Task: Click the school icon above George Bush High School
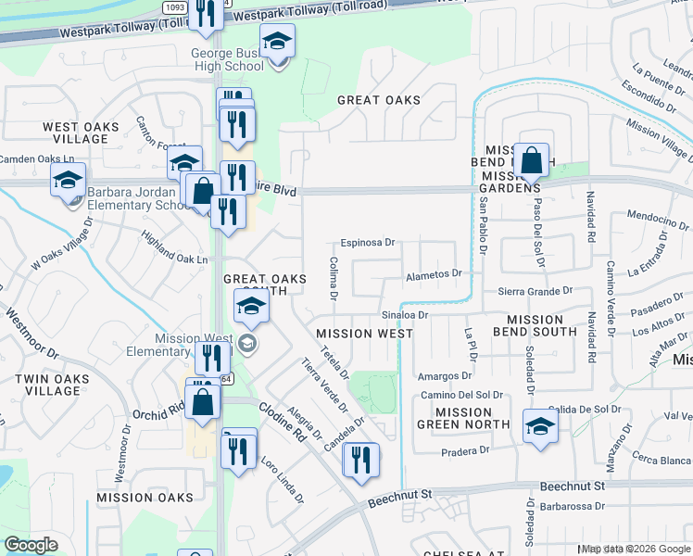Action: tap(276, 42)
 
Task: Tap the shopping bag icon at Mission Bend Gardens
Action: tap(532, 161)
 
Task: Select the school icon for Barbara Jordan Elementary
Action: tap(68, 181)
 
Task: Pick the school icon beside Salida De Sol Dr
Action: tap(540, 426)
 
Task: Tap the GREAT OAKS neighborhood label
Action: tap(378, 100)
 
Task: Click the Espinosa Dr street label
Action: tap(367, 243)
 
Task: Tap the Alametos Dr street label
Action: tap(435, 274)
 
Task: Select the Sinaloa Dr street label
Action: tap(404, 315)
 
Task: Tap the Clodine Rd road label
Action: tap(283, 421)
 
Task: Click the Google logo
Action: tap(31, 545)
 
